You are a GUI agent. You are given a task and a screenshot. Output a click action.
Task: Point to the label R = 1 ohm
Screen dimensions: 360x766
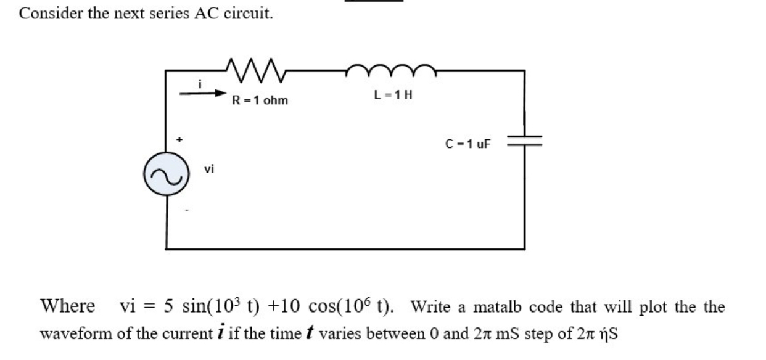point(260,100)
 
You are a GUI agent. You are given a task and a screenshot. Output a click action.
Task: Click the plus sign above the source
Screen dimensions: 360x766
point(179,140)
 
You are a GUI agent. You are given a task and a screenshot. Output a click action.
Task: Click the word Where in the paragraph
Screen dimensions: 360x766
point(67,306)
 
